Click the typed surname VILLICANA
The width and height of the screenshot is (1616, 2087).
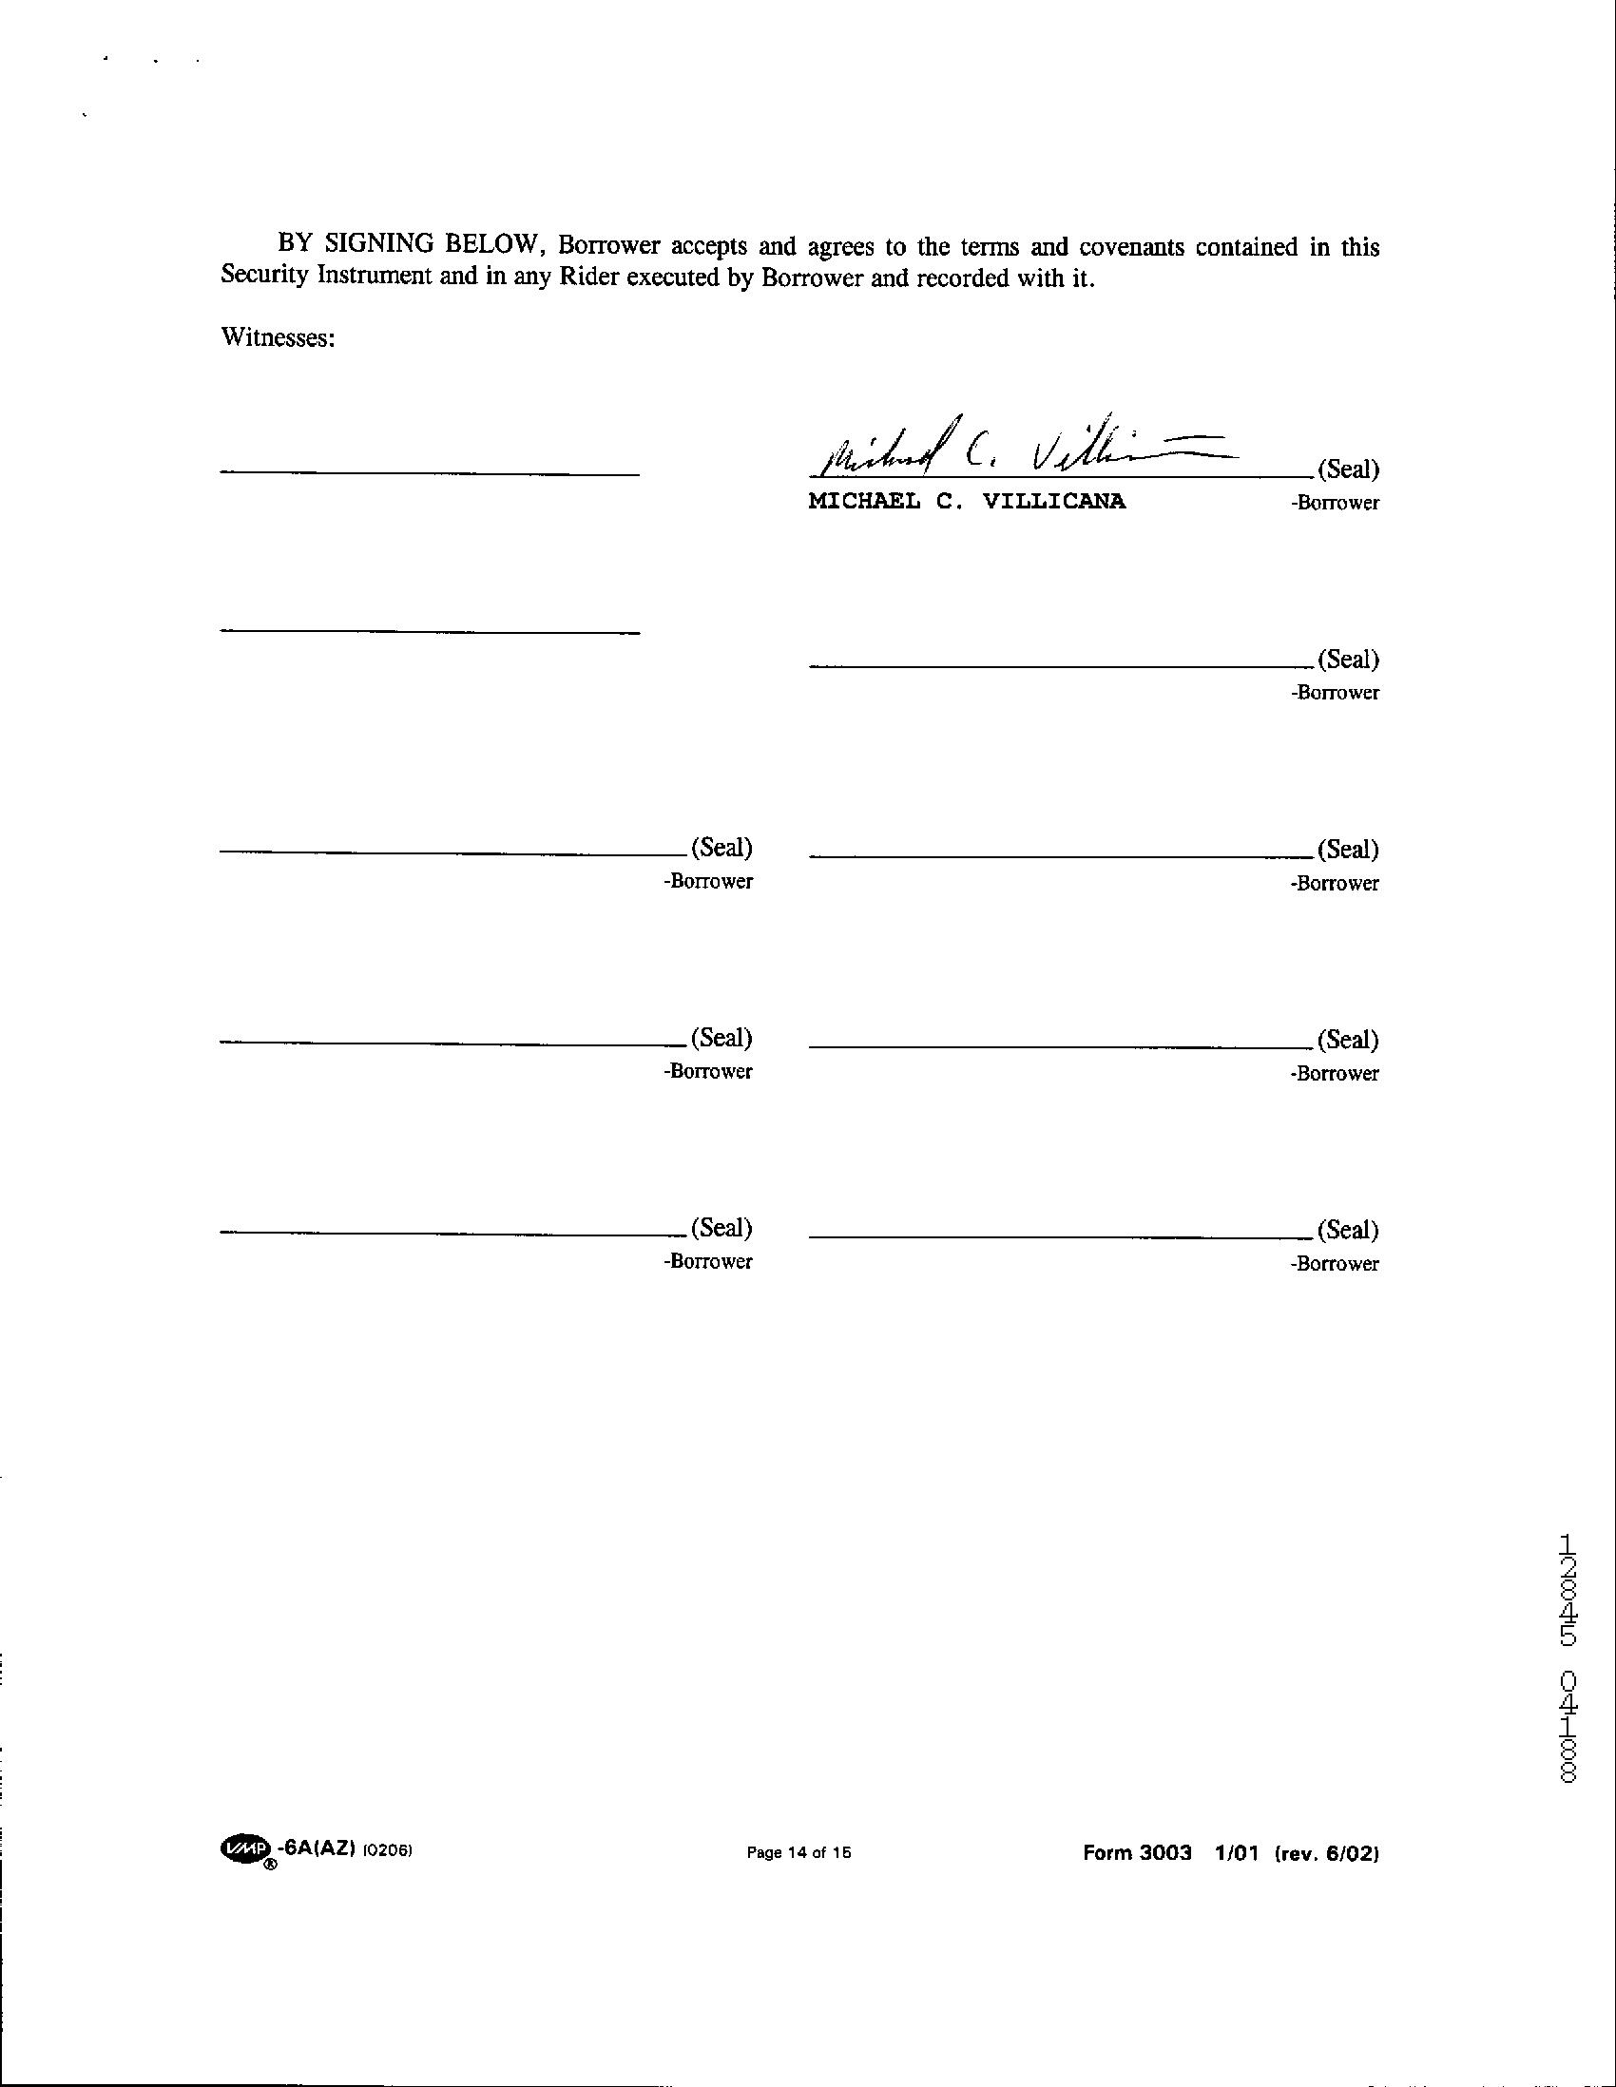click(x=1053, y=502)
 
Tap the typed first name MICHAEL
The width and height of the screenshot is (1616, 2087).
click(x=864, y=502)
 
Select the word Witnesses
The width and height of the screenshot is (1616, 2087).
click(x=278, y=337)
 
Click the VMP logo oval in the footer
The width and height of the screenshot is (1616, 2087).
click(x=244, y=1850)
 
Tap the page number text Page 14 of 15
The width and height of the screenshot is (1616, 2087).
click(x=798, y=1853)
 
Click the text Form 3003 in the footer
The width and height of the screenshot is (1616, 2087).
click(x=1137, y=1853)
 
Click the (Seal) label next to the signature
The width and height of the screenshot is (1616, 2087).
click(x=1348, y=469)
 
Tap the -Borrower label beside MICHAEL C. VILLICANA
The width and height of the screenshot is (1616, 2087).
click(x=1334, y=503)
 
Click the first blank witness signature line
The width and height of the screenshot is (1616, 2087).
click(x=429, y=473)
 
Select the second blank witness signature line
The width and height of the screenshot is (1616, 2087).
click(x=429, y=631)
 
